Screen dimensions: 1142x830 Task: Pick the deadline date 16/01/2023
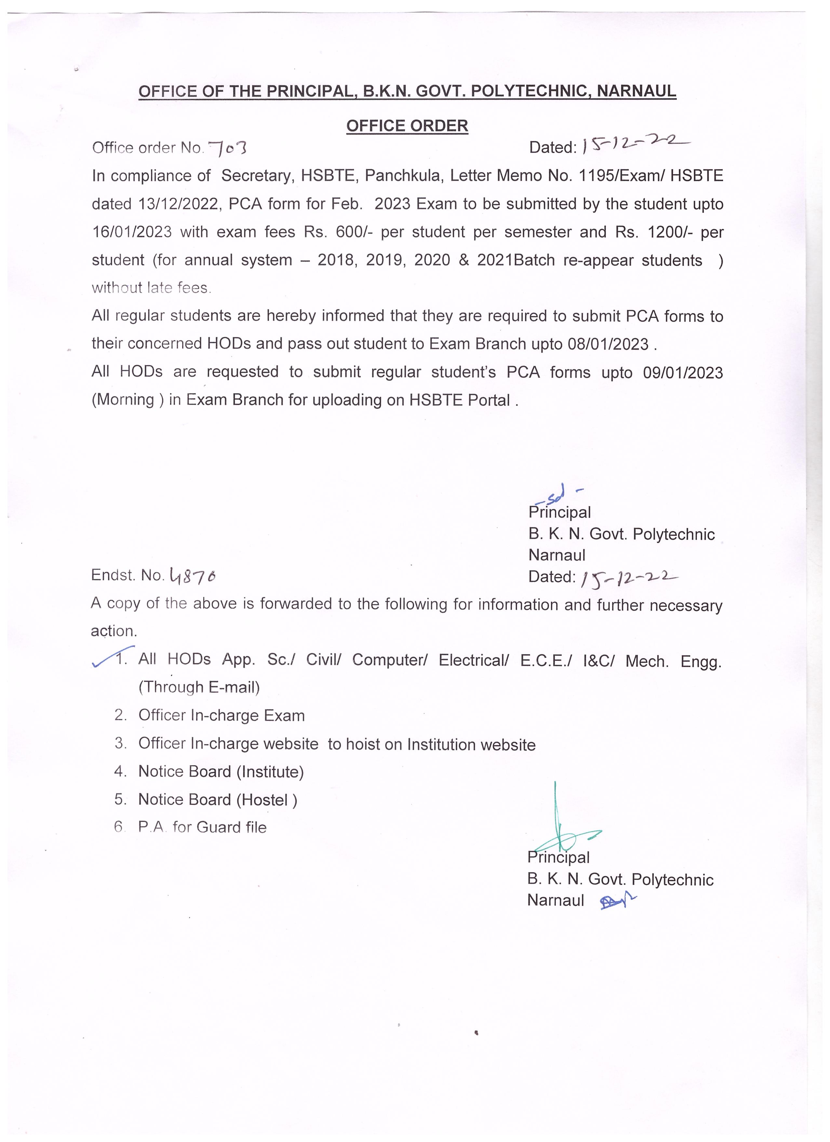131,232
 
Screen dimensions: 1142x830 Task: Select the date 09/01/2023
683,373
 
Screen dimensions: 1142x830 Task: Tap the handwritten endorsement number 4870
193,575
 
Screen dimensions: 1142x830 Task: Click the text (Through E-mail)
199,687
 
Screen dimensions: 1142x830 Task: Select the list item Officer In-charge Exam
221,715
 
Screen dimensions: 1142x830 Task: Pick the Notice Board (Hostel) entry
218,800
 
